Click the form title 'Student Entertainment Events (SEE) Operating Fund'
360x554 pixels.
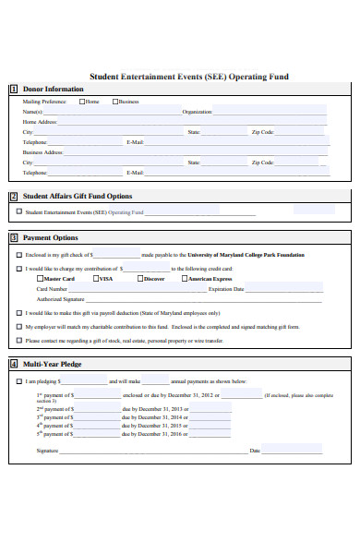[188, 77]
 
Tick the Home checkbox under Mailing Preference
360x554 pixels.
[82, 102]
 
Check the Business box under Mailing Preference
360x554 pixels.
[115, 102]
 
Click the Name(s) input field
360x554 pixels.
[111, 112]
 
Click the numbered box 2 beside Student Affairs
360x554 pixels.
[14, 196]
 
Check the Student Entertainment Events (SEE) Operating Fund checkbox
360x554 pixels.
[18, 211]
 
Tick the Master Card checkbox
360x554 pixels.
[40, 278]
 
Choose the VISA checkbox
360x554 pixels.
[94, 278]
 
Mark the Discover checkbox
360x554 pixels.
[139, 278]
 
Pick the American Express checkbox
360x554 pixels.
[184, 278]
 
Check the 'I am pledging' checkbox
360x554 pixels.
[18, 380]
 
